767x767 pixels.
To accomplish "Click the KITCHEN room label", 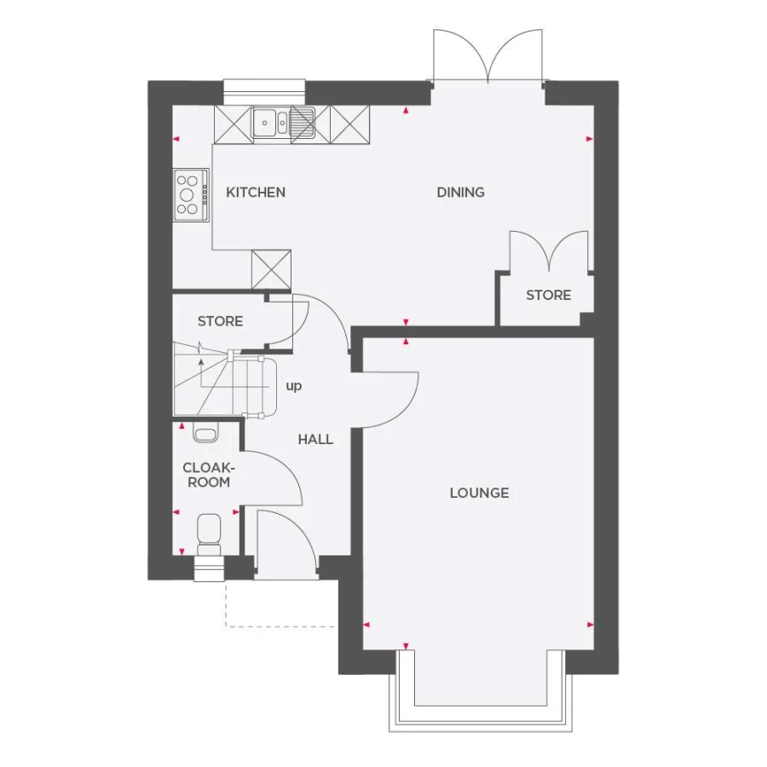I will click(x=256, y=193).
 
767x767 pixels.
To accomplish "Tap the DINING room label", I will click(x=461, y=193).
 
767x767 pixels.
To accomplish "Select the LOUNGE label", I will click(x=480, y=493).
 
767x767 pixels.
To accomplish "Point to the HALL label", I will click(x=315, y=440).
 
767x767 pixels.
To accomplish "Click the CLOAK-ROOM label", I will click(x=208, y=475).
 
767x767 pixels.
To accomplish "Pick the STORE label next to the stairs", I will click(x=220, y=321).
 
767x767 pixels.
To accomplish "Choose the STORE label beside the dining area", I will click(x=548, y=295).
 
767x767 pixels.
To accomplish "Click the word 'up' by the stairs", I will click(x=294, y=386).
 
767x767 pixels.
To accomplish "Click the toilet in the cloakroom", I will click(x=208, y=531).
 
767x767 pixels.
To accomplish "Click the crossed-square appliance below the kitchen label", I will click(x=271, y=269).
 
